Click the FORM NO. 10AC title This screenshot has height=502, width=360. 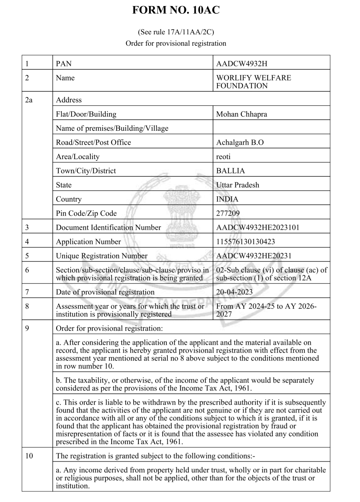point(176,10)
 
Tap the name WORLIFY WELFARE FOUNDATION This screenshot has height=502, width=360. point(253,82)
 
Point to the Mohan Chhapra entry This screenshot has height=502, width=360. point(241,114)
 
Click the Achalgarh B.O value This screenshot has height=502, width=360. point(240,143)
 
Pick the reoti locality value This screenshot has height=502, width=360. point(223,157)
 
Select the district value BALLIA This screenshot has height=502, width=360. point(230,171)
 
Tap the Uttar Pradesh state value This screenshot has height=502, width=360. point(237,185)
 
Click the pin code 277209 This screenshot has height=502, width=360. point(228,213)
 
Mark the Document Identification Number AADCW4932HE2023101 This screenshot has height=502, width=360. point(258,228)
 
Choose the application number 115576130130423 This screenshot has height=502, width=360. point(245,242)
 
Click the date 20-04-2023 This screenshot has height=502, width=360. point(234,292)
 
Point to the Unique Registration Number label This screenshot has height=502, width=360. point(101,256)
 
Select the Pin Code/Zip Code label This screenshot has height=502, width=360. point(86,213)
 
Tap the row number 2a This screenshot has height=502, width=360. point(29,100)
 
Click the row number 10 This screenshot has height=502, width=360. point(29,456)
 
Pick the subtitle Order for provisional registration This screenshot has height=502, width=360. point(176,43)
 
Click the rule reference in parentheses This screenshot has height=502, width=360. point(176,32)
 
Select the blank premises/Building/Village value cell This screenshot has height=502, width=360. point(271,128)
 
